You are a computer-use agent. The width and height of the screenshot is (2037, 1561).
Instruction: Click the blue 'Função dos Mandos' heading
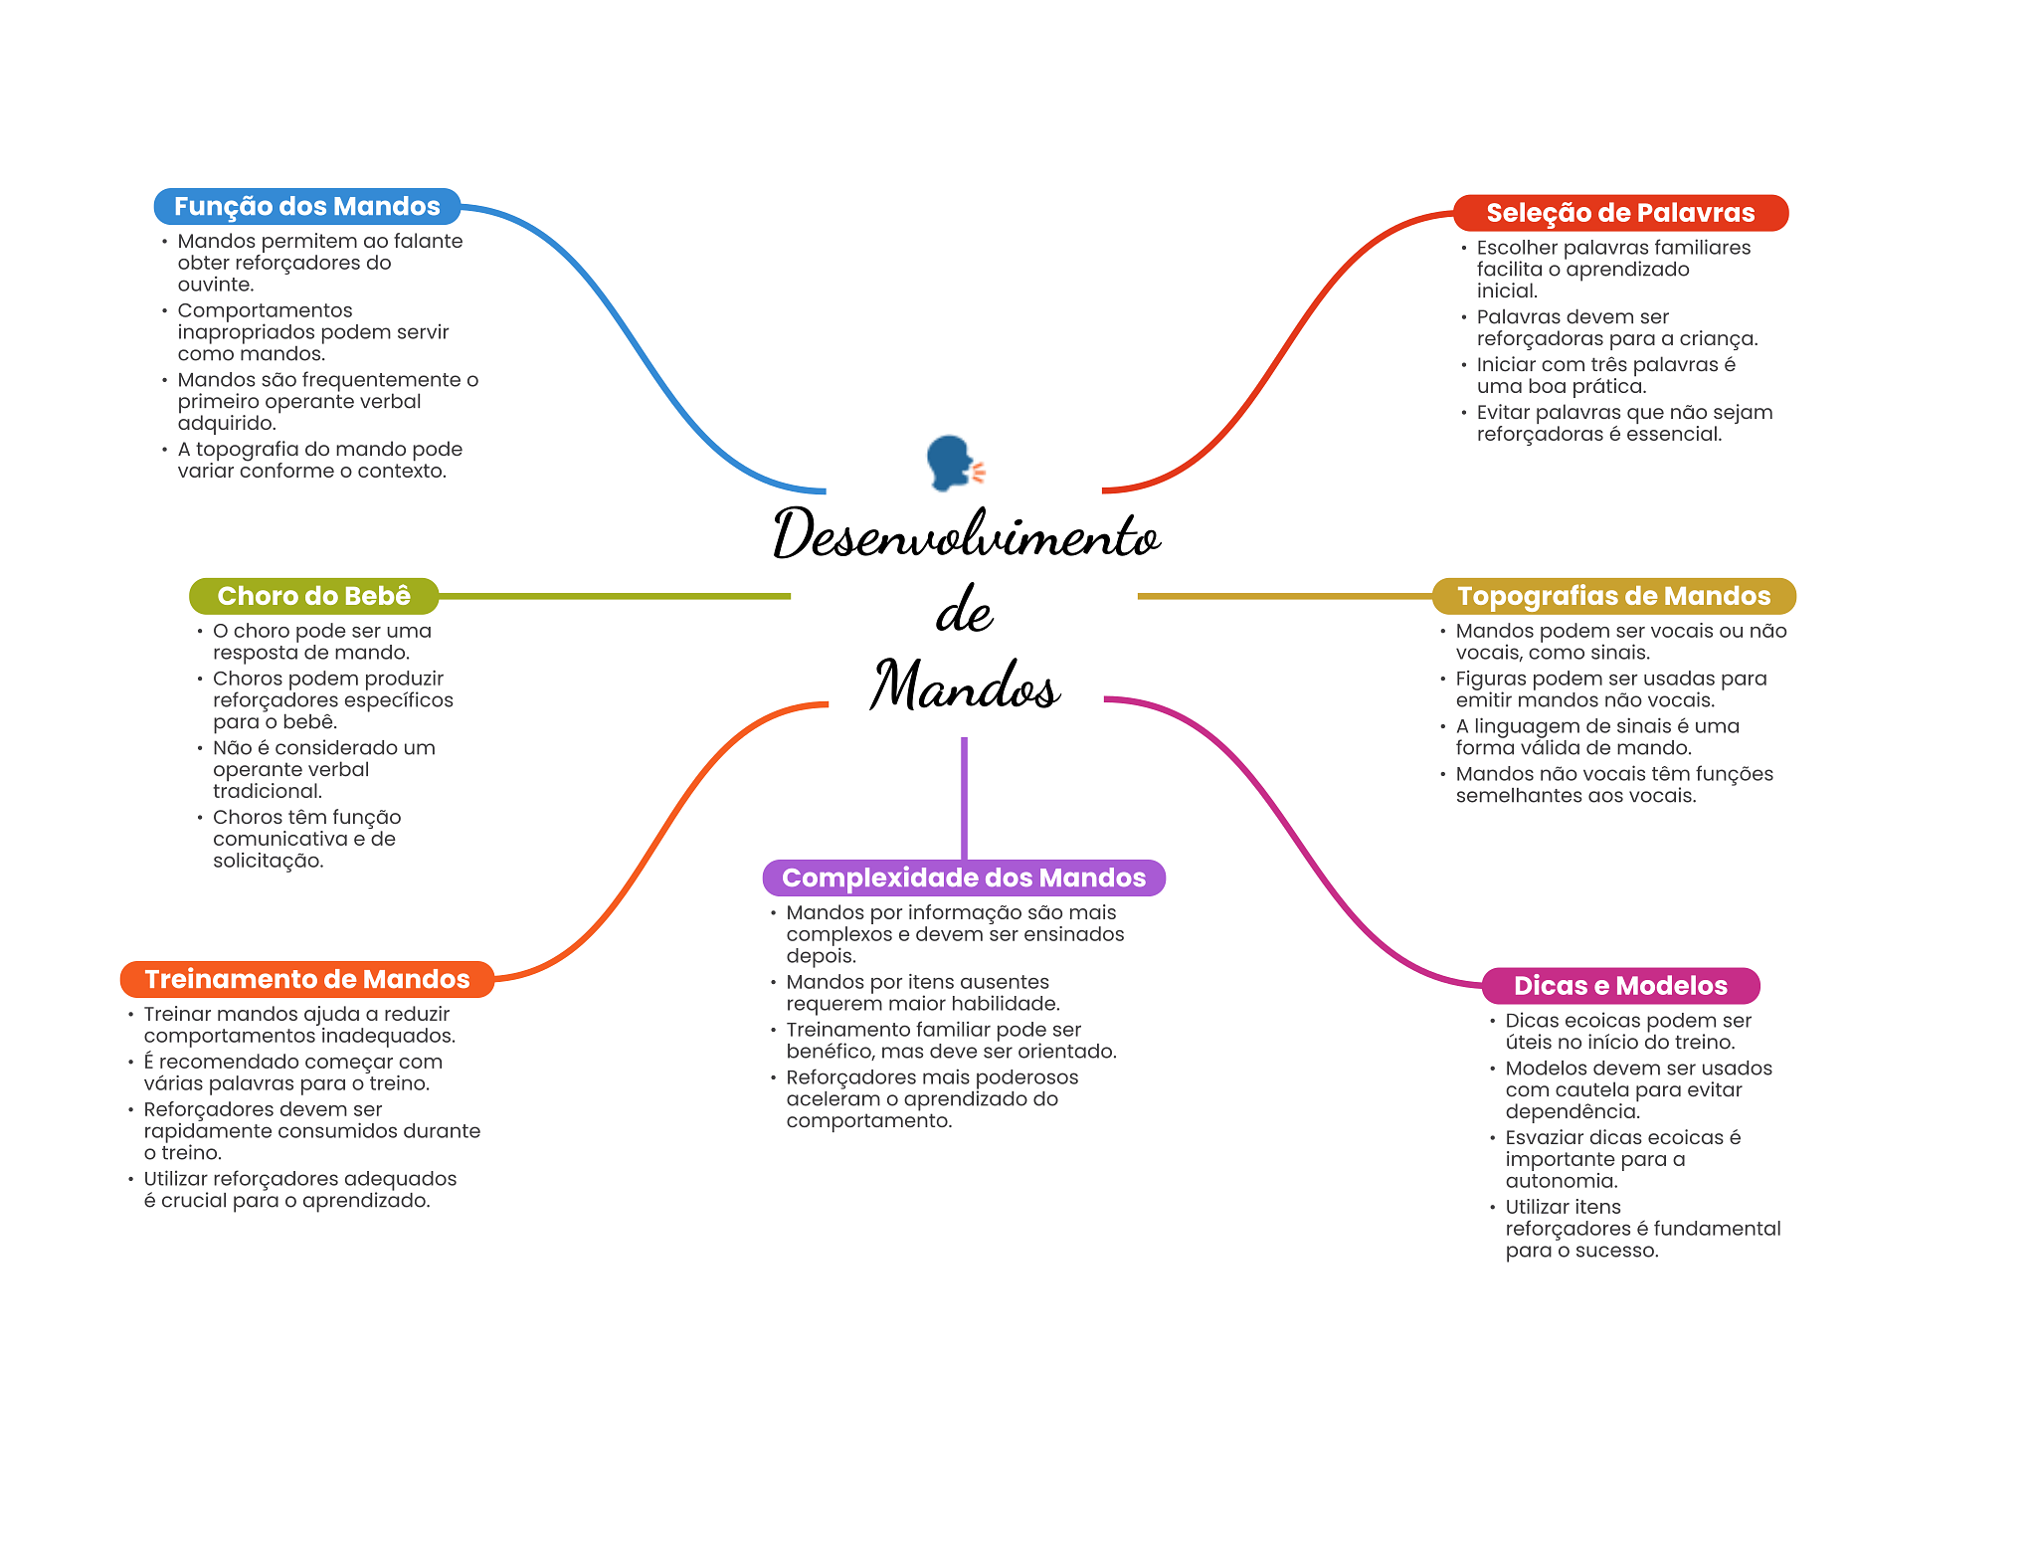pos(306,206)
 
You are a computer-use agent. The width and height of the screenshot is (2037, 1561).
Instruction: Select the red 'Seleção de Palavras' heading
pos(1619,213)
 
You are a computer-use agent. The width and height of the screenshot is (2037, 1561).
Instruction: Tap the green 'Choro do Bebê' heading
pos(313,596)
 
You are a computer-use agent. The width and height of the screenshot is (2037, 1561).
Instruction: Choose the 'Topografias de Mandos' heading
pos(1613,596)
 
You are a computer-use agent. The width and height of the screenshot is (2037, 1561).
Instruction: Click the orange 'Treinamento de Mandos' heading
pos(306,979)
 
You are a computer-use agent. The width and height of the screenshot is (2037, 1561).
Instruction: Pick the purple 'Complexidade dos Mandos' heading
pos(963,878)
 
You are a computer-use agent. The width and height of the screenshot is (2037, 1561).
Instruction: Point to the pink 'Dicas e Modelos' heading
pos(1619,985)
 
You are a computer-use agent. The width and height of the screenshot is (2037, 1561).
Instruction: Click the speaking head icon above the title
pos(953,463)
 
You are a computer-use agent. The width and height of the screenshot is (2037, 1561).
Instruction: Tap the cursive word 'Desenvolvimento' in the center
pos(965,535)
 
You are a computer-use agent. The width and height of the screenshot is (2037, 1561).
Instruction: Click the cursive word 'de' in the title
pos(963,610)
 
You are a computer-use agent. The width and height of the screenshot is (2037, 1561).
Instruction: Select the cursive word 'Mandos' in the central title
pos(965,685)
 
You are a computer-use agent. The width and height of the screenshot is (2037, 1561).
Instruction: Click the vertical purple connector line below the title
pos(964,796)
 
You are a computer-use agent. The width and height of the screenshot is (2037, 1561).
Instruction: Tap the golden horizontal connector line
pos(1283,596)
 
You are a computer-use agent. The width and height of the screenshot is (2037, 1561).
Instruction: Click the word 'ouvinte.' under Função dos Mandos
pos(216,285)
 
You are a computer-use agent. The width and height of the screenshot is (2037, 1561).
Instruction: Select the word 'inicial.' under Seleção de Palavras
pos(1507,292)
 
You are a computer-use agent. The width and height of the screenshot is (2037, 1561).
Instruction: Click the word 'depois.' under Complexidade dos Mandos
pos(821,956)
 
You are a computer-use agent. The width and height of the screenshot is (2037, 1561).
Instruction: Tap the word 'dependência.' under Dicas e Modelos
pos(1573,1112)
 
